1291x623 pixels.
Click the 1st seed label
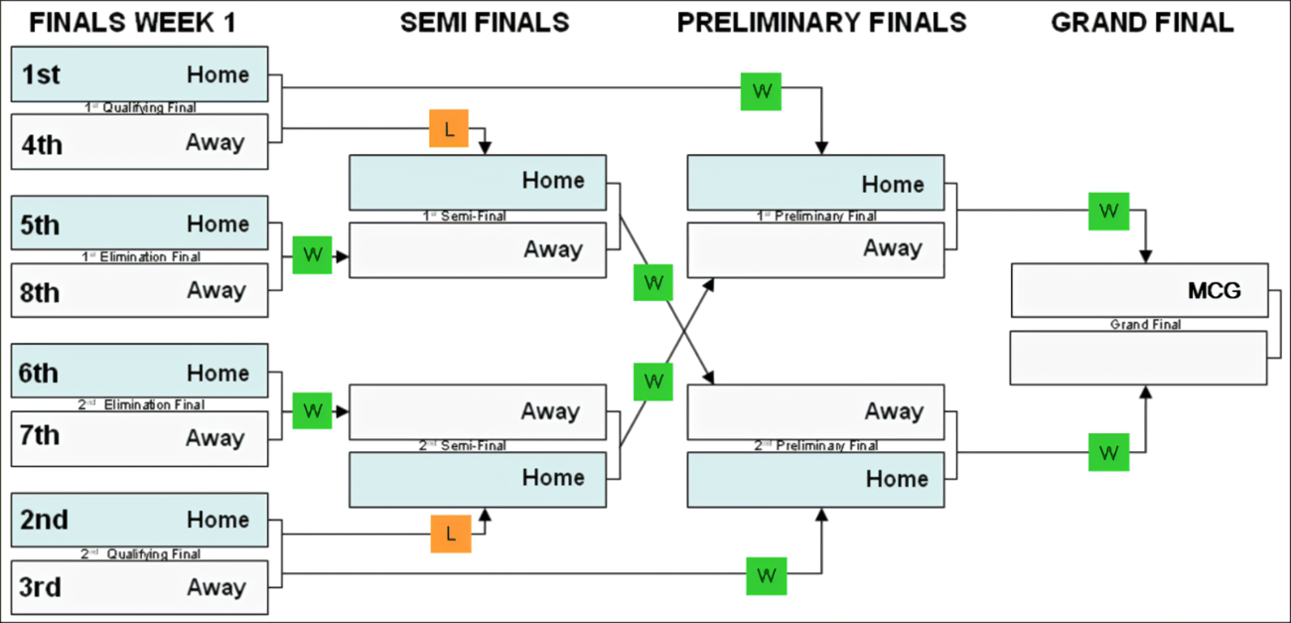tap(41, 75)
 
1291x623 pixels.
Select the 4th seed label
tap(42, 144)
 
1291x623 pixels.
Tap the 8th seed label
tap(40, 292)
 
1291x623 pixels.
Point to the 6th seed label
tap(39, 373)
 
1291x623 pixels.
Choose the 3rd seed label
tap(41, 586)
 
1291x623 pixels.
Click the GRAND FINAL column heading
tap(1142, 23)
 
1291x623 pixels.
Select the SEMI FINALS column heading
tap(485, 23)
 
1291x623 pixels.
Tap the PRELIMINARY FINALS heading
tap(821, 23)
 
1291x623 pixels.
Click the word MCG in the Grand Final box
tap(1215, 291)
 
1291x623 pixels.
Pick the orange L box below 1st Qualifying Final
tap(449, 128)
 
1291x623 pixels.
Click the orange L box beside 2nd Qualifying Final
tap(451, 534)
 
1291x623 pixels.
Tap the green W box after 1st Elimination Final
tap(313, 254)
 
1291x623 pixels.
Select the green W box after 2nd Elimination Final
tap(313, 410)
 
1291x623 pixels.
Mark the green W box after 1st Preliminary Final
tap(1109, 211)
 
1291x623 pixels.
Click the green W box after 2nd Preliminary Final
tap(1109, 452)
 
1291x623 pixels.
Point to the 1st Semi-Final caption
tap(465, 216)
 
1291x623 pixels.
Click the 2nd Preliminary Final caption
tap(816, 445)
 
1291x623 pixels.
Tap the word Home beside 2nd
tap(217, 520)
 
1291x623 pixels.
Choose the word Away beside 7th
tap(215, 438)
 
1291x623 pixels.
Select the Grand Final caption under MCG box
tap(1145, 324)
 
